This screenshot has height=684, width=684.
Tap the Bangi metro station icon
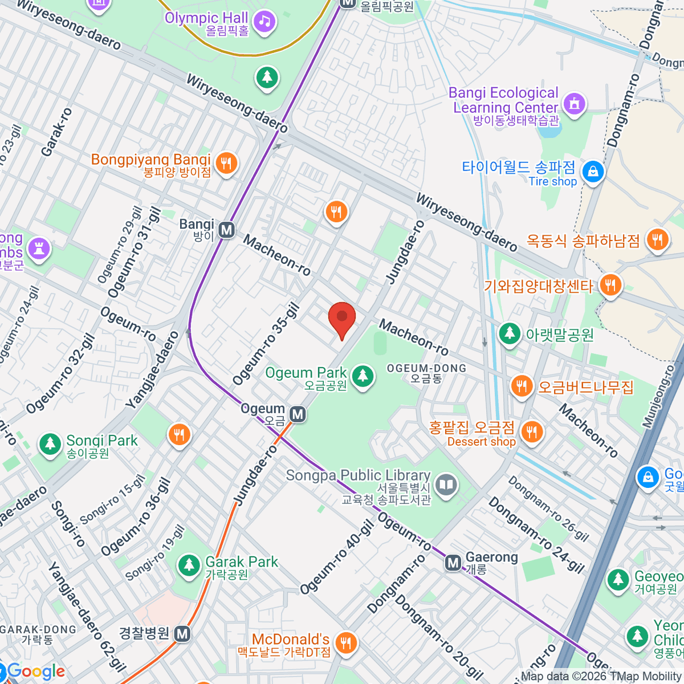point(227,230)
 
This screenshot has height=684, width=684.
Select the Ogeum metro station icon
point(297,414)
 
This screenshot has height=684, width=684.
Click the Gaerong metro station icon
point(453,563)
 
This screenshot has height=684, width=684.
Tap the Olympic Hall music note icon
point(264,22)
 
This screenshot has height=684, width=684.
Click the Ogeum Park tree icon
point(362,376)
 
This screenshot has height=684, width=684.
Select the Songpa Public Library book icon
point(446,485)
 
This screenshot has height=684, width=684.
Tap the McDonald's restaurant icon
point(345,643)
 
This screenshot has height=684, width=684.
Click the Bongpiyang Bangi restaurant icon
point(226,164)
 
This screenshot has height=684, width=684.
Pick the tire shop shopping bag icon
point(593,171)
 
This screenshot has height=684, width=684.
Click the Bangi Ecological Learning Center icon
point(574,104)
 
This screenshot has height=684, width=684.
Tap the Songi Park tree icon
point(51,443)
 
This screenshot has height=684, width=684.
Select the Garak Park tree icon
point(188,565)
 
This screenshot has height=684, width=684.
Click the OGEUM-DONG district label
point(426,373)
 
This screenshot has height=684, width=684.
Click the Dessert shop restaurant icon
point(531,431)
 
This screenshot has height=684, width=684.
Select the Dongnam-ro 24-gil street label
point(536,535)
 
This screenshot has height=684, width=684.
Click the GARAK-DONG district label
point(39,634)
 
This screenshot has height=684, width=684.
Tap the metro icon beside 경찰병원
point(182,634)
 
